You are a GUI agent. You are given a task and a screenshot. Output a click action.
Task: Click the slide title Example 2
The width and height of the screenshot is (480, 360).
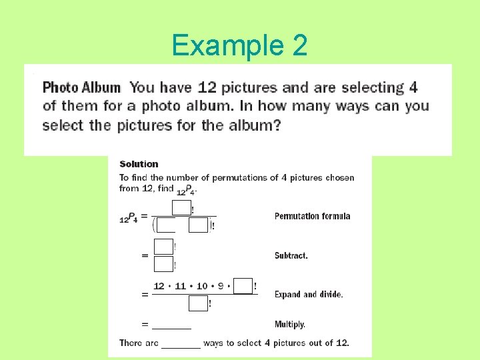coord(239,45)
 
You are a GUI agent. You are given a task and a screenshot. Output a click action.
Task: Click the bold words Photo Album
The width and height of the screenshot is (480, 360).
coord(81,87)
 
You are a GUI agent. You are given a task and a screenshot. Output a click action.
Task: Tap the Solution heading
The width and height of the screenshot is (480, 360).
coord(139,164)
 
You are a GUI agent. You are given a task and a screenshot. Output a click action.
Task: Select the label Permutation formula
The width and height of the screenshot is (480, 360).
coord(312,216)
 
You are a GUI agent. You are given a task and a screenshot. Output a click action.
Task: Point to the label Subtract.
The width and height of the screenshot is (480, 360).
coord(291,255)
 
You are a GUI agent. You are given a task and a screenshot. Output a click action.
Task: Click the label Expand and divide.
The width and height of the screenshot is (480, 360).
coord(308,294)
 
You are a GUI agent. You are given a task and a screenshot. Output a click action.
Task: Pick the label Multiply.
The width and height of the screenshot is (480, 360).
coord(289,325)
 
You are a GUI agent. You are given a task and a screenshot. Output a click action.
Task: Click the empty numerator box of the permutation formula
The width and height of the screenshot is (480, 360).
coord(181,207)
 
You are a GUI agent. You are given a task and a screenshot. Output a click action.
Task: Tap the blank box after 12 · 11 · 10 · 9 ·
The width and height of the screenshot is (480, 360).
coord(243,286)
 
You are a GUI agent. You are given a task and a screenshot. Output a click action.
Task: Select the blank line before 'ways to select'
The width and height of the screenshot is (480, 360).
coord(181,344)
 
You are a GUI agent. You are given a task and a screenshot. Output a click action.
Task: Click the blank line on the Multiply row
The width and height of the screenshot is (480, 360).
coord(171,325)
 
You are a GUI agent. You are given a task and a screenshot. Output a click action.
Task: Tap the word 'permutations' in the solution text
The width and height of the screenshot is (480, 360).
coord(236,177)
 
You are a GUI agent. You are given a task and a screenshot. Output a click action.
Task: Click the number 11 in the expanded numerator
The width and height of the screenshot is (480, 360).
coord(181,286)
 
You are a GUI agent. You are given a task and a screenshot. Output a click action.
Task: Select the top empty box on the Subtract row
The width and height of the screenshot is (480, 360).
coord(163,246)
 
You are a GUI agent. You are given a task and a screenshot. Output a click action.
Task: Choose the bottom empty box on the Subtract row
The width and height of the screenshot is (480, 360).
coord(163,264)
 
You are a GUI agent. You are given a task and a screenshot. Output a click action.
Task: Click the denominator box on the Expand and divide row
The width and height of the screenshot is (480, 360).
coord(198,303)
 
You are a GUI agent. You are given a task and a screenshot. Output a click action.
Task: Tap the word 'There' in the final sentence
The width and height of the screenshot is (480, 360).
coord(130,343)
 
